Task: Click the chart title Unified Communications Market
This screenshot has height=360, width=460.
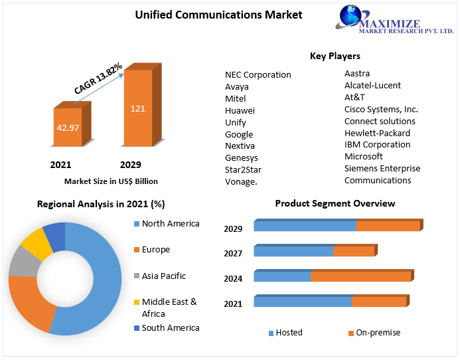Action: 209,15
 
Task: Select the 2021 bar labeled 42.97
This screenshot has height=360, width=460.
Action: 66,127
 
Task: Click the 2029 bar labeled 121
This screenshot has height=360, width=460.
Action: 137,108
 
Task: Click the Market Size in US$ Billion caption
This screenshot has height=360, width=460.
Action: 111,181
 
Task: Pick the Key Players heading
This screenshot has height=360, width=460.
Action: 335,56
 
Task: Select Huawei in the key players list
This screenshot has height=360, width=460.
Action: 240,110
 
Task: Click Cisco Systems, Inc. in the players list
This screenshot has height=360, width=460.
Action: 381,109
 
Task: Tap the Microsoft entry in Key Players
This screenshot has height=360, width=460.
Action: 363,156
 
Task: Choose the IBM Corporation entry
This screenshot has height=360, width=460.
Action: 377,144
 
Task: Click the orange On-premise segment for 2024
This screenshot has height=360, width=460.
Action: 360,276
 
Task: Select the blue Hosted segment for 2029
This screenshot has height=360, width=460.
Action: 305,226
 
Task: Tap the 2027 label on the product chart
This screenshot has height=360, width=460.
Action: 233,253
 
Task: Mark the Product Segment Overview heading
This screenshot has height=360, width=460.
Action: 335,203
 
